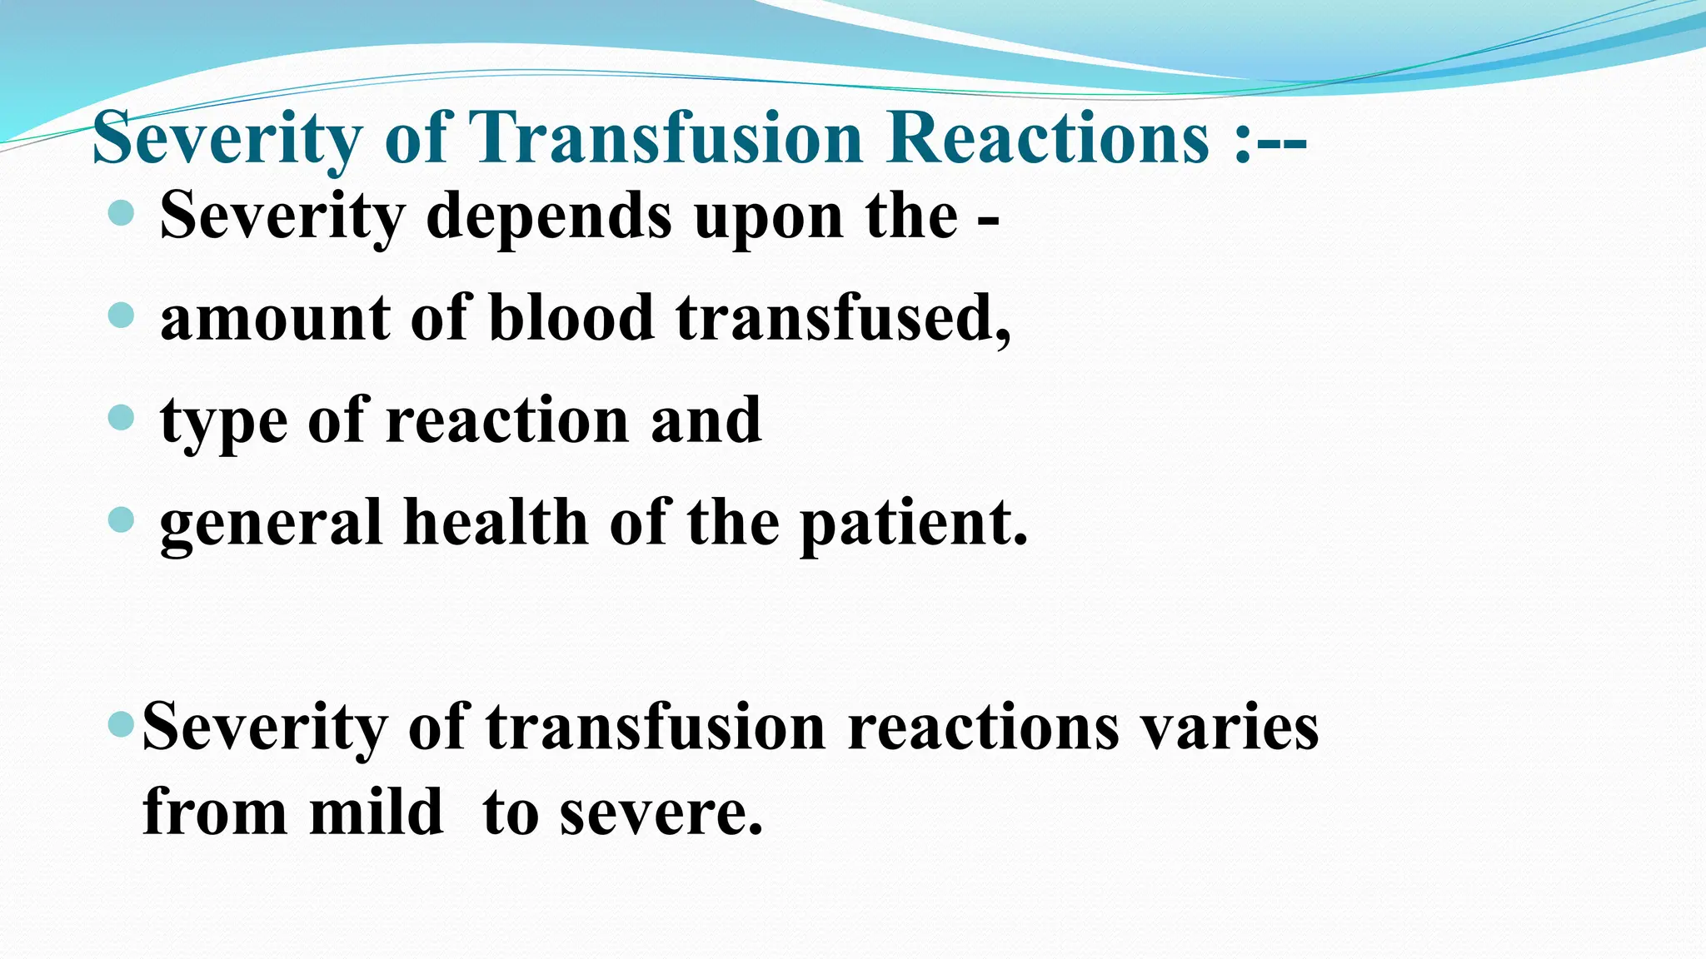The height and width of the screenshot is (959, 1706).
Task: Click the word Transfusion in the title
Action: pos(666,137)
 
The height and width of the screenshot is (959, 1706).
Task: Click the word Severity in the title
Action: pos(227,139)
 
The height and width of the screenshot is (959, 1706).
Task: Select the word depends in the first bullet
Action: pos(549,216)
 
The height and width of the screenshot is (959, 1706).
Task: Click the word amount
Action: pos(275,318)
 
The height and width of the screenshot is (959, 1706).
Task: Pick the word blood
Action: pos(571,318)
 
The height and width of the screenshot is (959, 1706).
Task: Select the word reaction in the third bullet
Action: pos(507,420)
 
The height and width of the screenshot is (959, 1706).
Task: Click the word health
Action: pos(496,522)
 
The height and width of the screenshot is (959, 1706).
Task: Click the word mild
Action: pos(376,812)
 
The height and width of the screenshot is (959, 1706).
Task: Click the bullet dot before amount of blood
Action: pos(122,316)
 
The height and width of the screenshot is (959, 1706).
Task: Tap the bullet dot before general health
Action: pos(122,520)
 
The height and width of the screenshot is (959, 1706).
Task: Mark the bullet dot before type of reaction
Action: pos(122,417)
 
